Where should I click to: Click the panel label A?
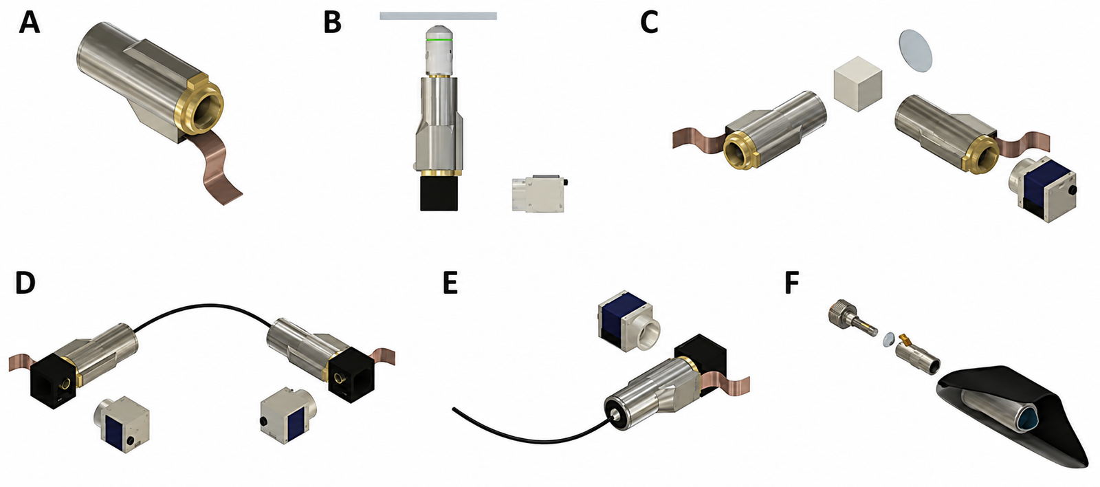pyautogui.click(x=29, y=23)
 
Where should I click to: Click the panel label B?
pyautogui.click(x=333, y=23)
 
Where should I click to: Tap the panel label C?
pyautogui.click(x=649, y=23)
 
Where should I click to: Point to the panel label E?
pyautogui.click(x=450, y=283)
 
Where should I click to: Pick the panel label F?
pyautogui.click(x=792, y=283)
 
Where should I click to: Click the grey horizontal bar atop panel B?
pyautogui.click(x=438, y=16)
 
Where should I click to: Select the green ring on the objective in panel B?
pyautogui.click(x=439, y=39)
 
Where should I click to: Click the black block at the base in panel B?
pyautogui.click(x=439, y=193)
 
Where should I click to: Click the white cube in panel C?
pyautogui.click(x=858, y=83)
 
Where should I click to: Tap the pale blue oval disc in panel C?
pyautogui.click(x=916, y=51)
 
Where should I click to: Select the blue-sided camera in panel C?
pyautogui.click(x=1042, y=189)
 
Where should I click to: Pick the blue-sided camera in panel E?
pyautogui.click(x=628, y=321)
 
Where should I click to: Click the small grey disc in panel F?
pyautogui.click(x=888, y=338)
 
